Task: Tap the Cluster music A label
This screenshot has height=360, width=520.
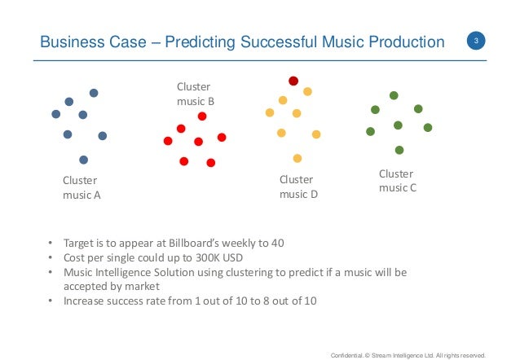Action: click(82, 187)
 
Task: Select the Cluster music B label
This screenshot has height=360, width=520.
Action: click(196, 94)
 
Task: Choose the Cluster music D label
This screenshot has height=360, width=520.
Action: click(298, 187)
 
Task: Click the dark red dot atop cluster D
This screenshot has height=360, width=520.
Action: click(293, 81)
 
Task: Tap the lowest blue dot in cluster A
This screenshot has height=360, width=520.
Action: click(83, 160)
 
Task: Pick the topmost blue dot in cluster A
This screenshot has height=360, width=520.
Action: click(94, 93)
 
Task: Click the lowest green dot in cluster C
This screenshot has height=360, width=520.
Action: click(399, 150)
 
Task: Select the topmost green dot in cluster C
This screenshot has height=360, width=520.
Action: click(394, 95)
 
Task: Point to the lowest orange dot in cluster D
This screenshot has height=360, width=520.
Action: click(297, 158)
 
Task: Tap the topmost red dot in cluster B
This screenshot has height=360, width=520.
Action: click(202, 116)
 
